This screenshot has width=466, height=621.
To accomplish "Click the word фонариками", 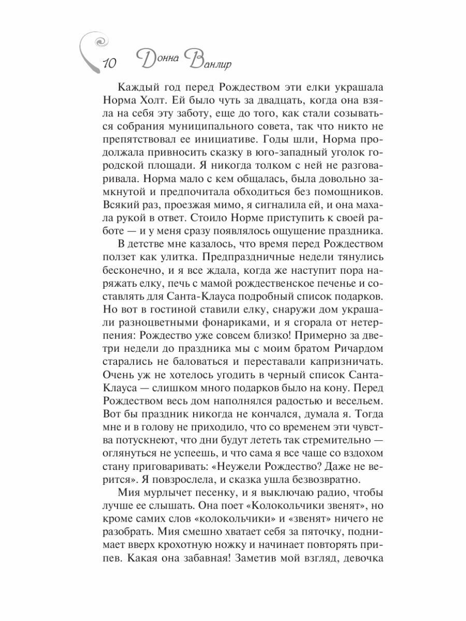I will coord(220,324).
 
